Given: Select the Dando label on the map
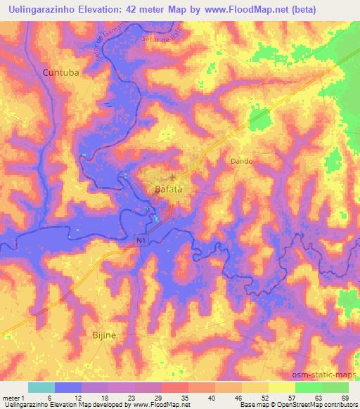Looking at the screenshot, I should click(241, 161).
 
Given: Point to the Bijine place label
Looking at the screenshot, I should click(105, 336).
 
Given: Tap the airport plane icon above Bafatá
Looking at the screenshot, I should click(172, 175).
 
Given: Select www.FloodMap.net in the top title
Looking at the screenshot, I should click(237, 10).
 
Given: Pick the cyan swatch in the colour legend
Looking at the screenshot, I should click(41, 387).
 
